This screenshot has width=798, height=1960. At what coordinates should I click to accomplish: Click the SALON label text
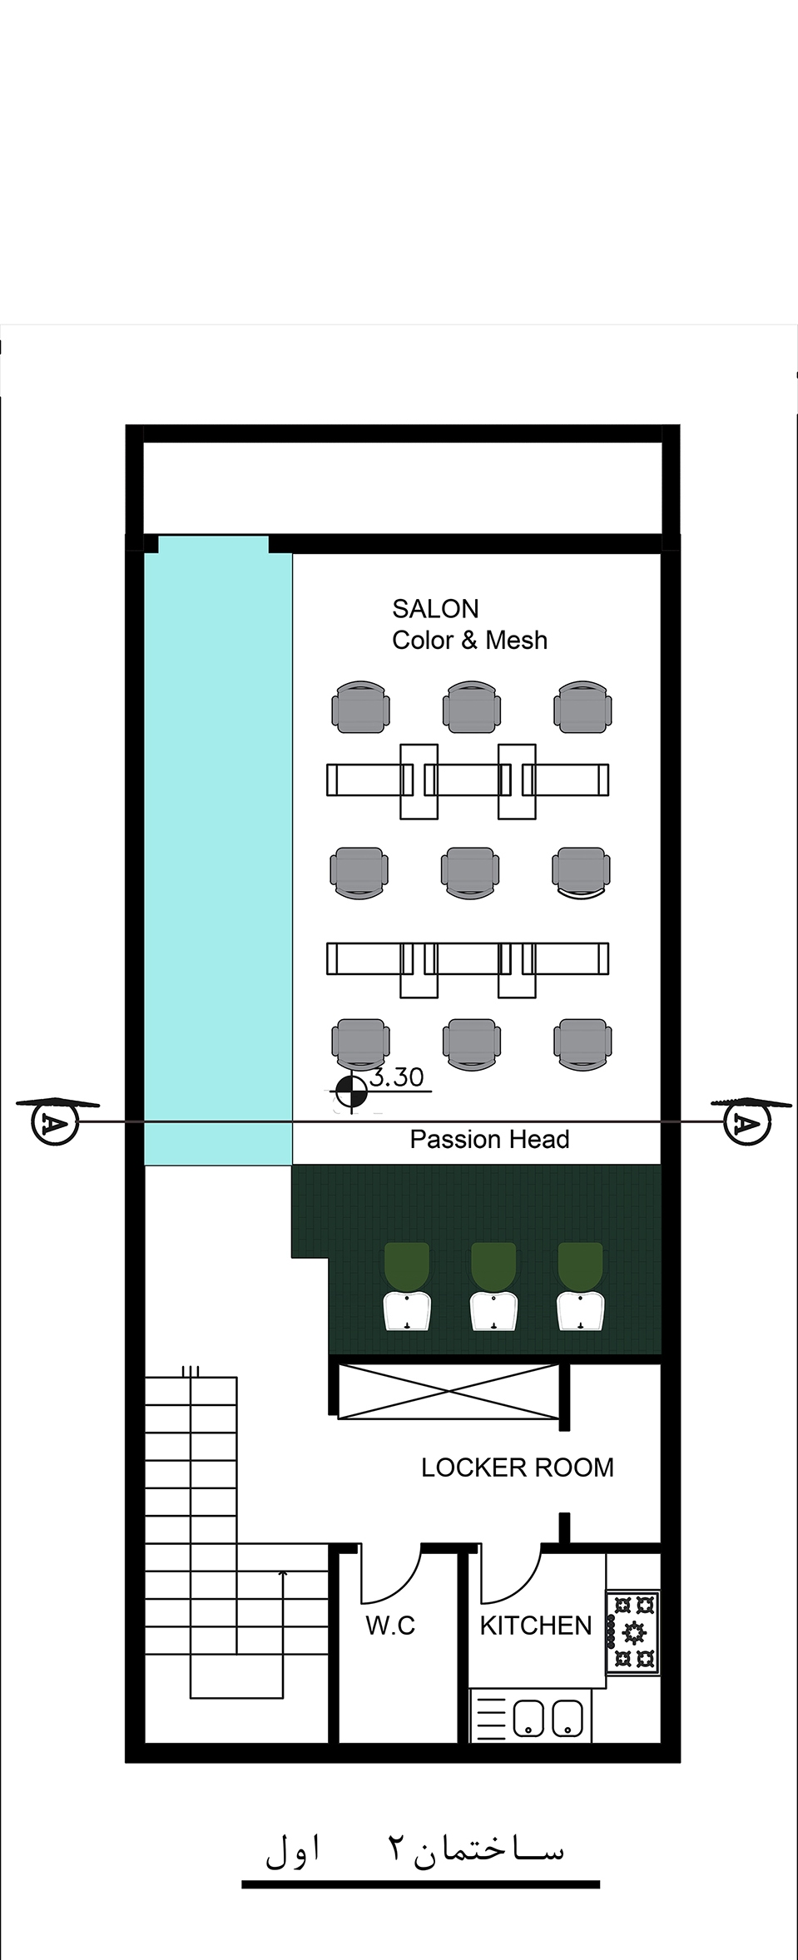435,609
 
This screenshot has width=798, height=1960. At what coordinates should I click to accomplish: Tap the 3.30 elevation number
397,1077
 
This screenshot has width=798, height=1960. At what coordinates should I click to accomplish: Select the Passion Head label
489,1139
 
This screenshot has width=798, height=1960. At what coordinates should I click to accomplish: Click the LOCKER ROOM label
517,1468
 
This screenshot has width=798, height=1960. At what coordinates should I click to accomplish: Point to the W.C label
390,1626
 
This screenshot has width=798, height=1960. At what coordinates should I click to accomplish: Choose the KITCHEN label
535,1626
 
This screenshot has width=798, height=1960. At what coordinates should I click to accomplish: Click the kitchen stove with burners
633,1633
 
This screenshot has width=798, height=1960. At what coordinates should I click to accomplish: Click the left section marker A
55,1122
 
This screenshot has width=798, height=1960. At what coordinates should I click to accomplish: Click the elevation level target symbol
350,1092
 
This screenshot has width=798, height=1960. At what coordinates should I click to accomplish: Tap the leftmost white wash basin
407,1312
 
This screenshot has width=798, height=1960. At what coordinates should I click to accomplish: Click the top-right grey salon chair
582,707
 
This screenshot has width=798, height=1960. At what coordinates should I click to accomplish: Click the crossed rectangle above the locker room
449,1391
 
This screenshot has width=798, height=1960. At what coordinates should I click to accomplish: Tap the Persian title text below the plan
414,1849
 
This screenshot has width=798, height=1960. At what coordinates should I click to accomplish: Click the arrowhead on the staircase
283,1574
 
